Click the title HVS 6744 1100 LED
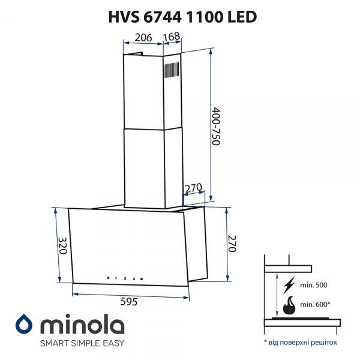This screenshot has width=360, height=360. (180, 17)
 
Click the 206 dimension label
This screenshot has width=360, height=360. (142, 38)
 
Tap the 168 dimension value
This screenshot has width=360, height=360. (172, 38)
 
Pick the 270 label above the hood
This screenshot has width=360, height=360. (193, 188)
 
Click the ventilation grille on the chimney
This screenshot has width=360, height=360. (172, 71)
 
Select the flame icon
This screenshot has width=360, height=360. (289, 305)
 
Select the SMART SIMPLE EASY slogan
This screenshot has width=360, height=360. (82, 344)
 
